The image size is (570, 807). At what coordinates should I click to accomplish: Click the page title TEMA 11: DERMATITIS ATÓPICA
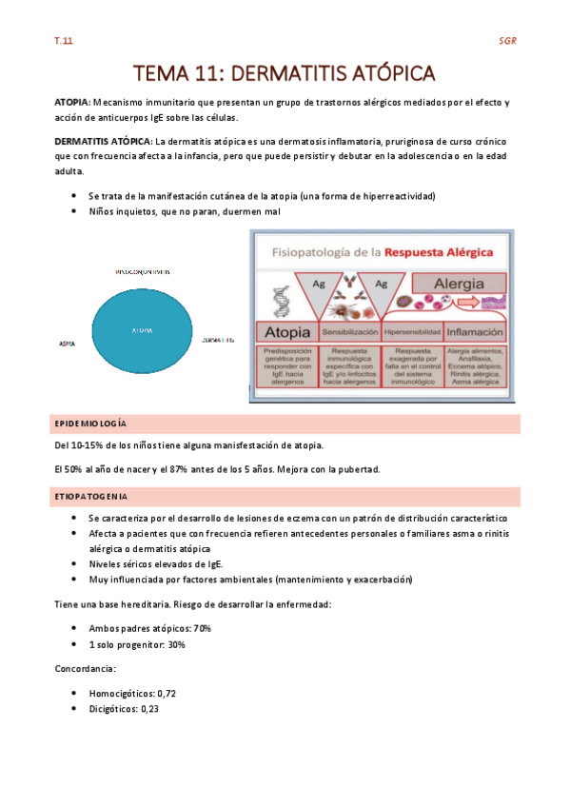[285, 73]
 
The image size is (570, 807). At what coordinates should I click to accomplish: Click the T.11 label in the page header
[63, 41]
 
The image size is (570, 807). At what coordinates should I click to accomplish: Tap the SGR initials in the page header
[507, 41]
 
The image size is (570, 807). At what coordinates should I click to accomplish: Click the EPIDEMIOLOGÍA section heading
[93, 423]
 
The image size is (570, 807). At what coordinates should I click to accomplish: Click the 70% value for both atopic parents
[201, 629]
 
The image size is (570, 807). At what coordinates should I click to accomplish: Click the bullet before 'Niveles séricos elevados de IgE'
[75, 564]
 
